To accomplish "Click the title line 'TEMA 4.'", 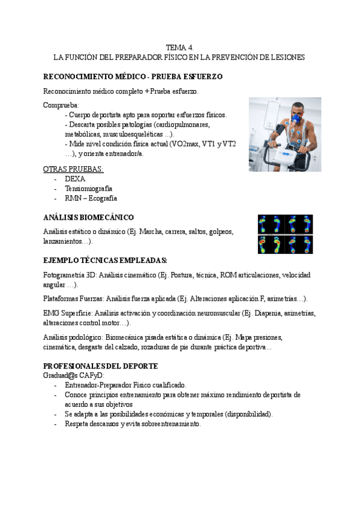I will [179, 47].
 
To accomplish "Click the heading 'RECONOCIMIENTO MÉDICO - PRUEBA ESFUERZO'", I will [133, 77].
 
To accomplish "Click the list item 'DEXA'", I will [75, 179].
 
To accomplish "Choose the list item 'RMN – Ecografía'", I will [91, 198].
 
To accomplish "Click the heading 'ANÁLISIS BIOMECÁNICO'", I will [88, 217].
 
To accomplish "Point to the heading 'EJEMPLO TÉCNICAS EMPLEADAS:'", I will [105, 261].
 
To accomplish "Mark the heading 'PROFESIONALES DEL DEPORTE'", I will [101, 366].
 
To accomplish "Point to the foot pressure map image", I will [285, 234].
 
